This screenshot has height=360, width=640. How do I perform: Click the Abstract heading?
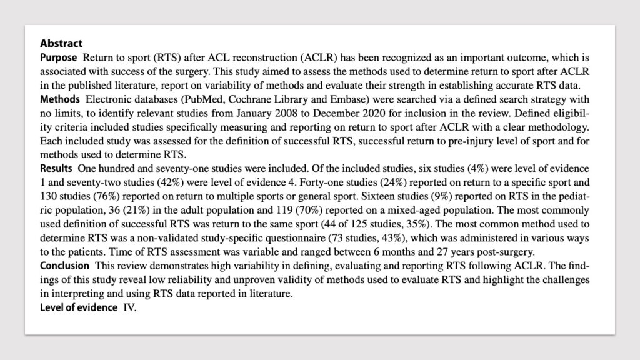click(61, 44)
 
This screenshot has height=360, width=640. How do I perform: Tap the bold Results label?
click(56, 169)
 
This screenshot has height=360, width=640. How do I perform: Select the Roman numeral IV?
click(129, 307)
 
